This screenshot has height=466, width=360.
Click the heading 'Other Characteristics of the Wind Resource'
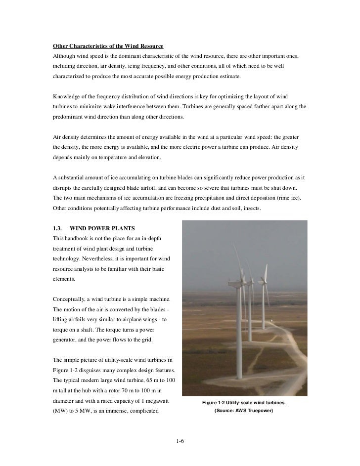pyautogui.click(x=108, y=46)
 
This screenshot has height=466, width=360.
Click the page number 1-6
pyautogui.click(x=180, y=440)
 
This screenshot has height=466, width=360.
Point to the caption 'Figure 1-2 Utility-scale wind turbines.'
pyautogui.click(x=243, y=403)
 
